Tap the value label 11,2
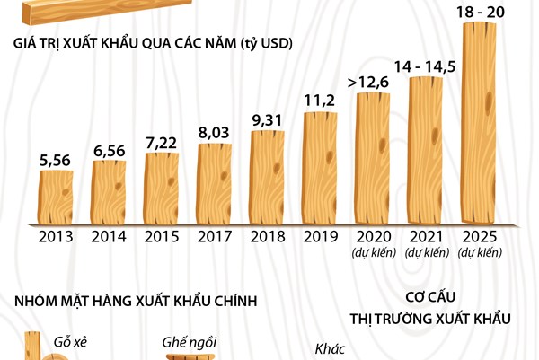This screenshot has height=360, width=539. tap(320, 99)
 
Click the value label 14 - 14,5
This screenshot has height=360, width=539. tap(426, 66)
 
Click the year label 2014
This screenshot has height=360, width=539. tap(109, 238)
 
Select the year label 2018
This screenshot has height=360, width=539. tap(267, 238)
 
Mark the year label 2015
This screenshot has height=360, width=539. tap(162, 238)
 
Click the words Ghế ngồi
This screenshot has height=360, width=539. tap(190, 342)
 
